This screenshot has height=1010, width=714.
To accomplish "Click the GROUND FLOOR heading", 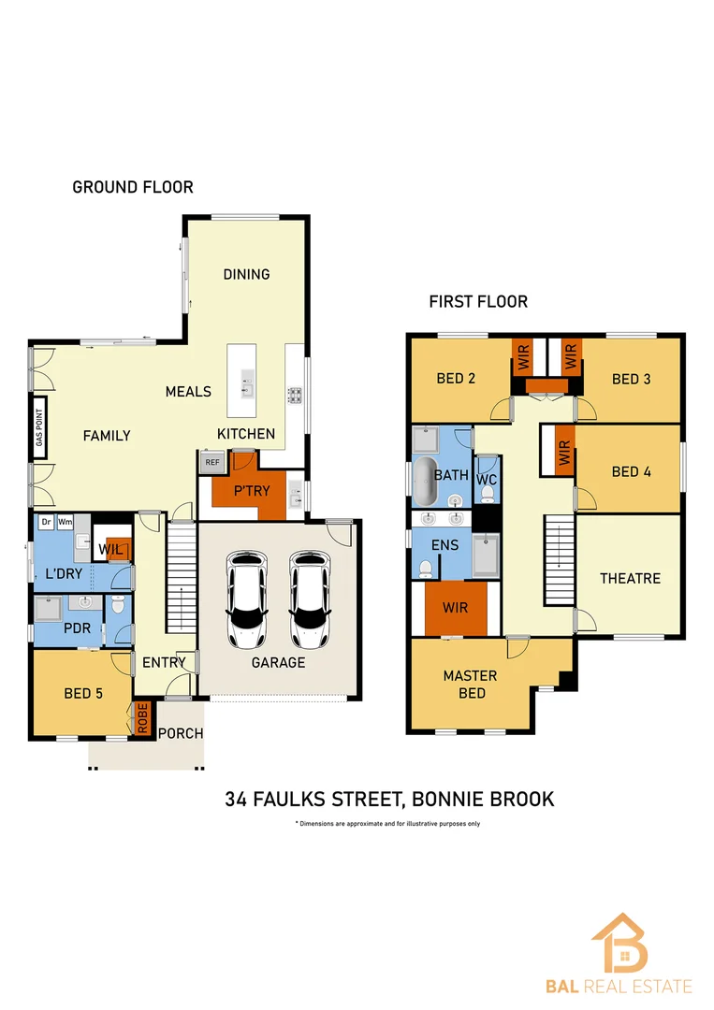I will [x=133, y=187].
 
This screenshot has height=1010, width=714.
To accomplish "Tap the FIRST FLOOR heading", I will [x=478, y=301].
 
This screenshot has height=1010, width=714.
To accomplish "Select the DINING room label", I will [x=246, y=274].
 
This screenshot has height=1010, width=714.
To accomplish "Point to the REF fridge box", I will [x=211, y=462].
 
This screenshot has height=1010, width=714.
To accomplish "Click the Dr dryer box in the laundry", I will [x=46, y=522].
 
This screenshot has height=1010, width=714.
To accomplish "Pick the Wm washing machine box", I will [x=66, y=522].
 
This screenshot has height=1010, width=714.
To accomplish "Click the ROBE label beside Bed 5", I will [x=143, y=718].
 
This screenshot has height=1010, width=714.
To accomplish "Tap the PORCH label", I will [x=181, y=733].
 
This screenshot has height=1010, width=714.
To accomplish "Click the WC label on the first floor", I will [x=486, y=479].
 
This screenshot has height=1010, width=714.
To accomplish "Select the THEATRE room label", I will [x=630, y=578].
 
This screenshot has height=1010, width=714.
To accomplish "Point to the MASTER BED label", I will [x=470, y=684].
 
